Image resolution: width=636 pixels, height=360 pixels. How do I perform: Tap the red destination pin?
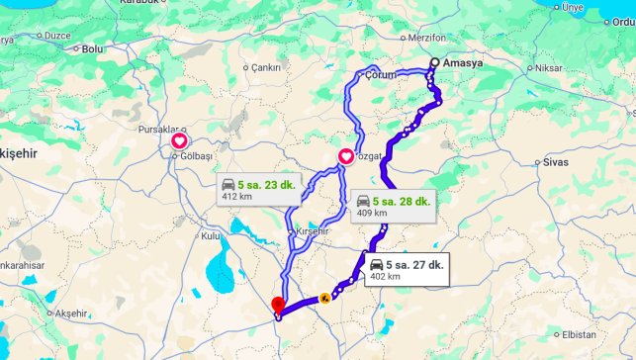coord(278,306)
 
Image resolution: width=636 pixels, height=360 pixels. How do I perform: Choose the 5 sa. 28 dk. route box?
coord(393,206)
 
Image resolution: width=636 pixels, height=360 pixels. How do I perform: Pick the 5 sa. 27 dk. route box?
coord(406,270)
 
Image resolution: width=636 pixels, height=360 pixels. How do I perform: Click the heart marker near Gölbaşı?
coord(180,142)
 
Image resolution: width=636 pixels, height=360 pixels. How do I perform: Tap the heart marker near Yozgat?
coord(346,155)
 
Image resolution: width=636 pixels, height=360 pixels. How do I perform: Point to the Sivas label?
coord(555,160)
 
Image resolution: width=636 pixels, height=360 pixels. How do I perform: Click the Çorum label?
coord(381,75)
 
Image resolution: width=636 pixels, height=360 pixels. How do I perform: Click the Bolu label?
coord(93,47)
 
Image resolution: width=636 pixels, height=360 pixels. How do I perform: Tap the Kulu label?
coord(211,236)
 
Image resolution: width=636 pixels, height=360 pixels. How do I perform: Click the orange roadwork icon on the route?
coord(323,297)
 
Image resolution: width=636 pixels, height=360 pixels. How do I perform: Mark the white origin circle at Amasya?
coord(433,64)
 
